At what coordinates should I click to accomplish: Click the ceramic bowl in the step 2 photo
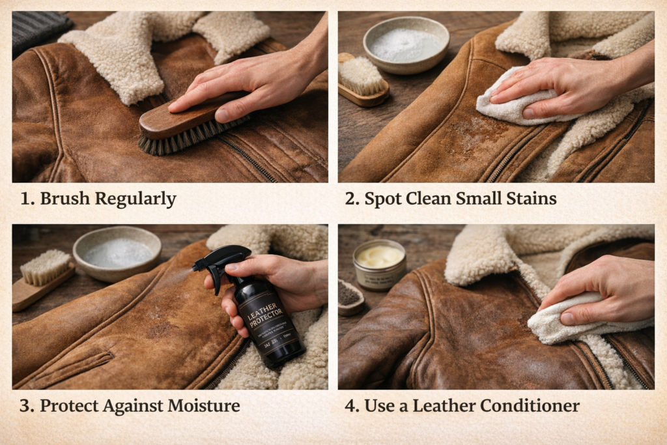pos(406,44)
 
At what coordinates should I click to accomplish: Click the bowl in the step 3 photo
pos(117,252)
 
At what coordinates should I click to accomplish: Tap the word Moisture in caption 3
pos(204,406)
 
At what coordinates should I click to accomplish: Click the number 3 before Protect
pos(27,406)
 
